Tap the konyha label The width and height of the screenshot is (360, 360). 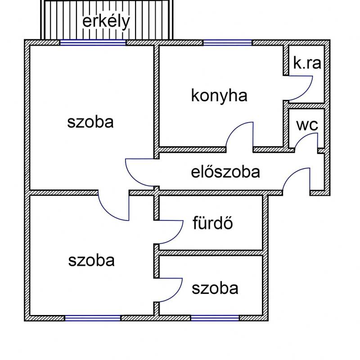pos(219,96)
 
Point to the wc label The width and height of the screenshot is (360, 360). pos(307,125)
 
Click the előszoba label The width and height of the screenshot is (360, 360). pos(225,172)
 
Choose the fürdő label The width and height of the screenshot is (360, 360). pos(212,222)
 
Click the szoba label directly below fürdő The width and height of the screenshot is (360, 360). pos(215,288)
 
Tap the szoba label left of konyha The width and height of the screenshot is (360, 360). pos(90,122)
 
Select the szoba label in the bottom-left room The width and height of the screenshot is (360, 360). pos(91,261)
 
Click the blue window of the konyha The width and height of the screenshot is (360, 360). pos(228,42)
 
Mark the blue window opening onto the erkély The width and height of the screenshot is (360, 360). pos(93,42)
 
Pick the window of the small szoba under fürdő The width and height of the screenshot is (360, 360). pos(215,318)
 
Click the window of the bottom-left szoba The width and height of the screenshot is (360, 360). pos(93,318)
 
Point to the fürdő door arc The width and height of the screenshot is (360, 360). pos(176,238)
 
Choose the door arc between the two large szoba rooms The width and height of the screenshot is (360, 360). pos(107,212)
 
